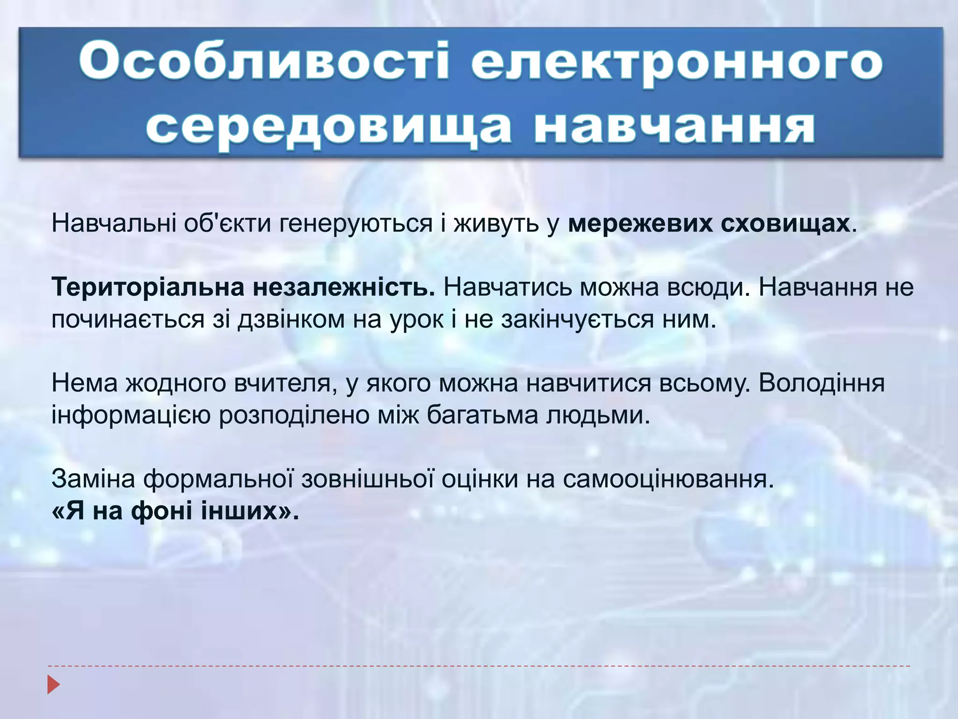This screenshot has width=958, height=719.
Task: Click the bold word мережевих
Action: [640, 224]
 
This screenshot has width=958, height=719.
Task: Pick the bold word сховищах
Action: [785, 224]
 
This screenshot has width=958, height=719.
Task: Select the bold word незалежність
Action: [344, 287]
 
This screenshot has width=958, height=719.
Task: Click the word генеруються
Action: [356, 224]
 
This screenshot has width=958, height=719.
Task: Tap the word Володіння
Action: [821, 383]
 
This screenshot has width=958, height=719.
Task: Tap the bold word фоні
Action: [162, 511]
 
